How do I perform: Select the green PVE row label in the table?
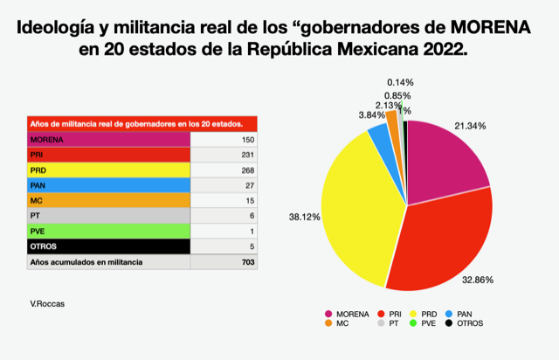[x=39, y=231]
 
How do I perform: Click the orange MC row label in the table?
[x=37, y=200]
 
